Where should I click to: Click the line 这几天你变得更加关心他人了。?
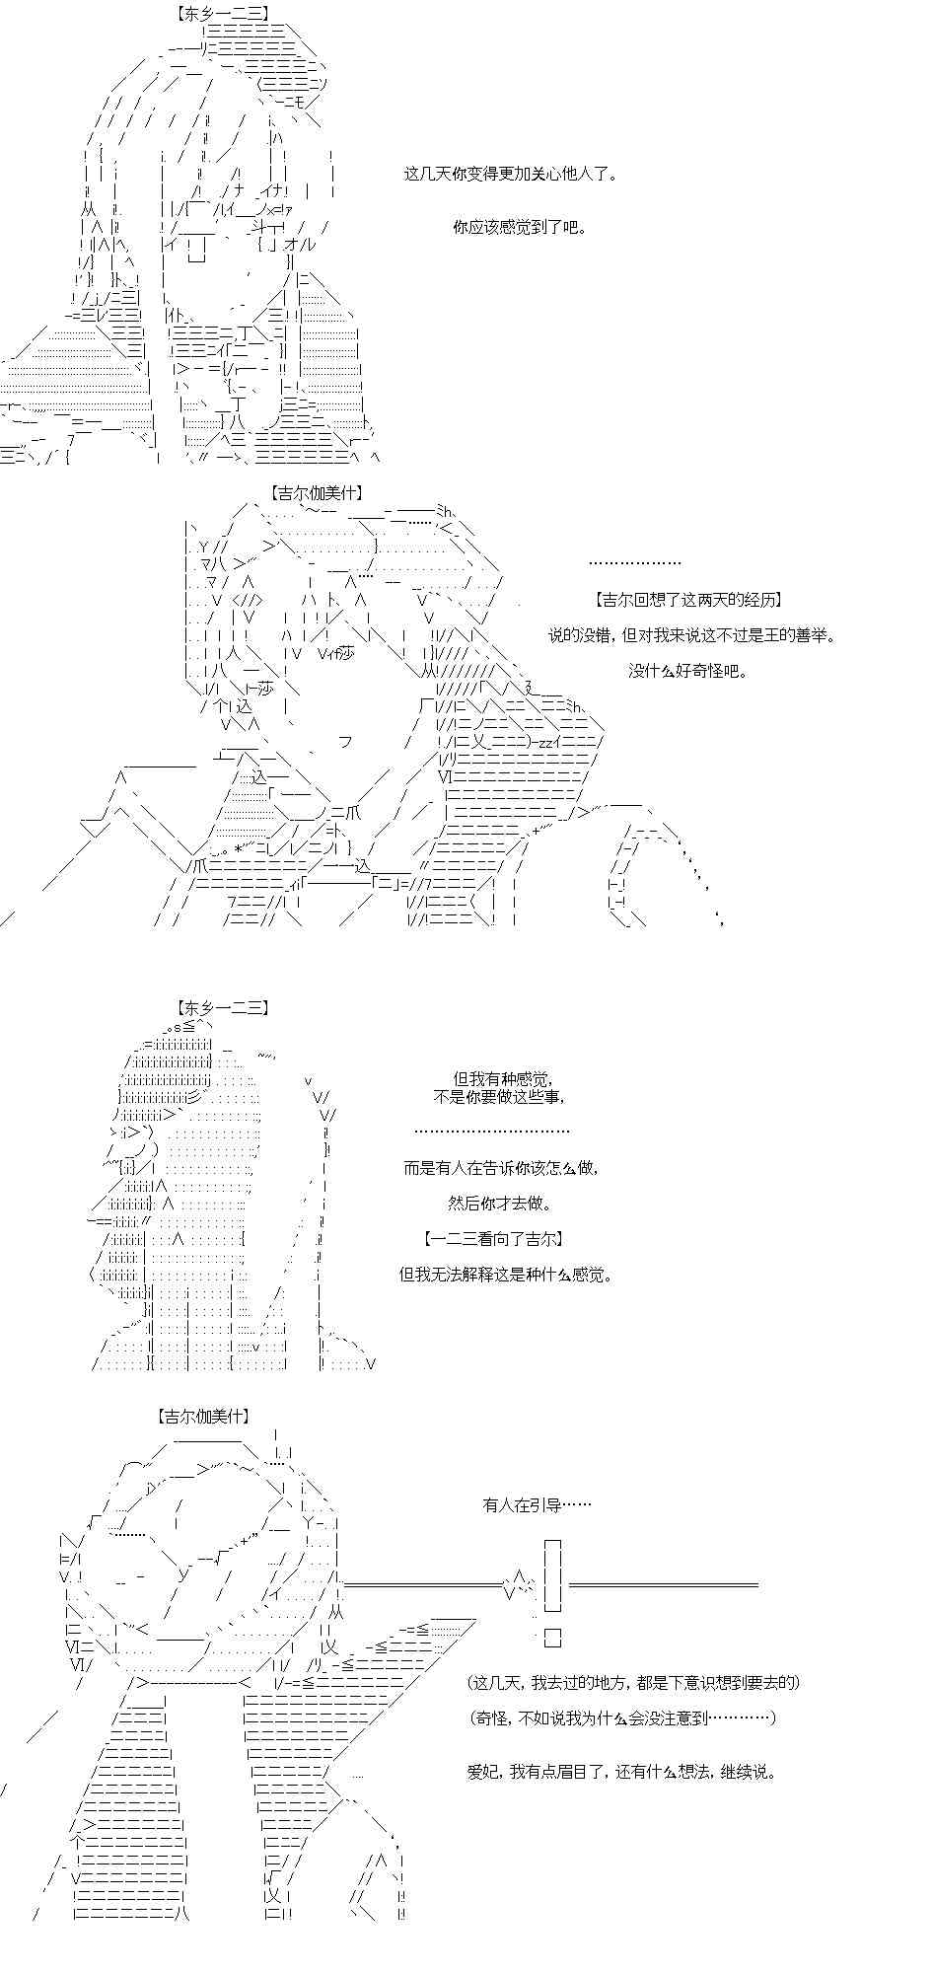coord(511,175)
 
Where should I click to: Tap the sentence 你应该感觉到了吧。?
coord(520,227)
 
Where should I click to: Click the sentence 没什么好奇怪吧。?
coord(688,671)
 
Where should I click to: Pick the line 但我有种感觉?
coord(503,1079)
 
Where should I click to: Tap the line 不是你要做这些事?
coord(499,1097)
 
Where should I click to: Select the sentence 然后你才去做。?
coord(500,1204)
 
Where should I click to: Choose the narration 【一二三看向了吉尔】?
coord(492,1239)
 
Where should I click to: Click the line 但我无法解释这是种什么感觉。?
coord(506,1275)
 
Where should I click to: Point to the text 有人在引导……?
coord(538,1505)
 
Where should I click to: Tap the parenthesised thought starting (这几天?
coord(633,1683)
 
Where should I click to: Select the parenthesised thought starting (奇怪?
coord(622,1718)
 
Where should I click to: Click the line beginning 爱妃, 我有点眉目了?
coord(621,1772)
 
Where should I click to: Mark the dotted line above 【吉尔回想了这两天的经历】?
coord(635,563)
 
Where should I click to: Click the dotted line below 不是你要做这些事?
coord(492,1132)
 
